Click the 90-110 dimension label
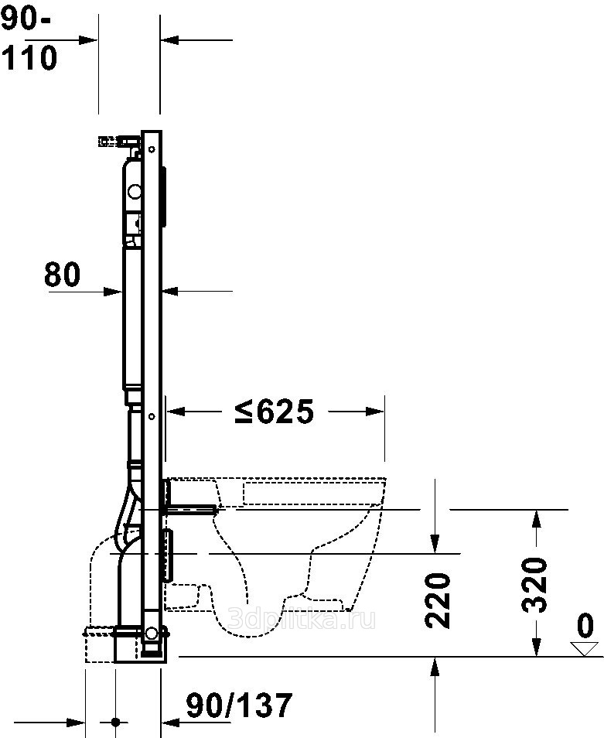click(x=29, y=42)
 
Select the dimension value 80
click(x=62, y=275)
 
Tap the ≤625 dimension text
click(x=275, y=412)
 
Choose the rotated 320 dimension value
click(x=535, y=585)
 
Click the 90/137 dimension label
click(x=239, y=705)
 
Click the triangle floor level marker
click(x=585, y=648)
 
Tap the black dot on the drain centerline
click(x=116, y=722)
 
